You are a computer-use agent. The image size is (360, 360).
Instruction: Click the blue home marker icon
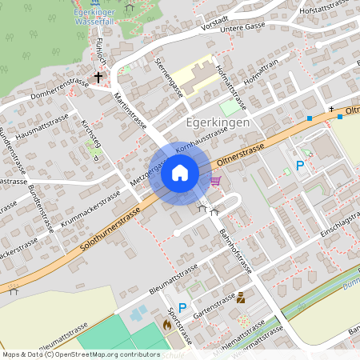coord(179,172)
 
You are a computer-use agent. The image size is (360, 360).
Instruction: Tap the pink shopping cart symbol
coord(215,181)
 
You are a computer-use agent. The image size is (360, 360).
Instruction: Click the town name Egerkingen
coord(217,122)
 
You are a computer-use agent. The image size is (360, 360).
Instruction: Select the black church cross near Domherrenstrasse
coord(98,78)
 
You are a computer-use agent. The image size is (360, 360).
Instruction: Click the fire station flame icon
coord(166,325)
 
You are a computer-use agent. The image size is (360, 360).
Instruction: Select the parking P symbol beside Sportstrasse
coord(182,308)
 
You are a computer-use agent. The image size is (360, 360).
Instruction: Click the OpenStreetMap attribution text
coord(81,354)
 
